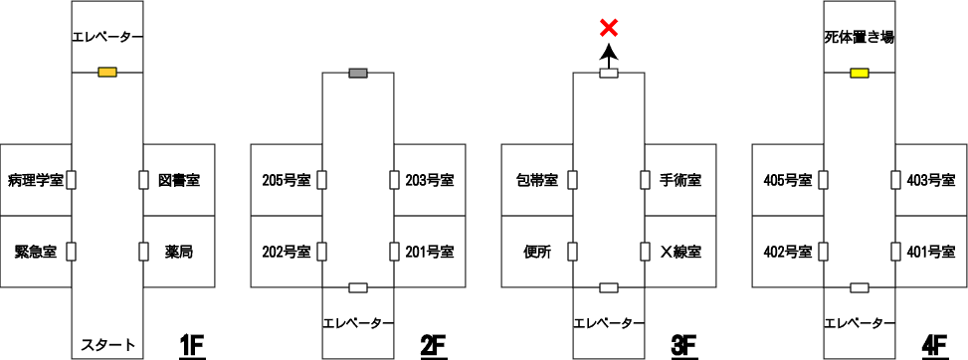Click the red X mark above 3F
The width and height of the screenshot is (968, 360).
(609, 27)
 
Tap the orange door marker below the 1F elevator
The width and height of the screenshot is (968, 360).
(107, 73)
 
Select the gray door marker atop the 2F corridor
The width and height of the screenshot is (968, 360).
(358, 73)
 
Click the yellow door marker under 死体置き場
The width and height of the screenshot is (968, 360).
(860, 74)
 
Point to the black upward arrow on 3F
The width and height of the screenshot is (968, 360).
(609, 58)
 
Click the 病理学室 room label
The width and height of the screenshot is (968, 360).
(36, 180)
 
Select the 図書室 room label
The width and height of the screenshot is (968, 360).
(179, 180)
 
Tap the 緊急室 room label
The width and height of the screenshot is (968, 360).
(36, 252)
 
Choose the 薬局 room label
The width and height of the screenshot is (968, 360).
(179, 252)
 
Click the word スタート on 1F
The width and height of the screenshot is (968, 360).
(108, 344)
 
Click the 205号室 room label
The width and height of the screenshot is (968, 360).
(286, 180)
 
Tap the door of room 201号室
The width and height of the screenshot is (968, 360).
(394, 252)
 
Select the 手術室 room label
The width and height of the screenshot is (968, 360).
(679, 180)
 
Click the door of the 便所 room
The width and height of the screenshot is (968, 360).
(572, 252)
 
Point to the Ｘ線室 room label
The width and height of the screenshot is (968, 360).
(679, 252)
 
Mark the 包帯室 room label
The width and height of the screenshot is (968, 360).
(536, 180)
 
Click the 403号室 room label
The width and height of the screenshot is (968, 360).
(931, 180)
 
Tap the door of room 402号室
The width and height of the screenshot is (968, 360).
(823, 252)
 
